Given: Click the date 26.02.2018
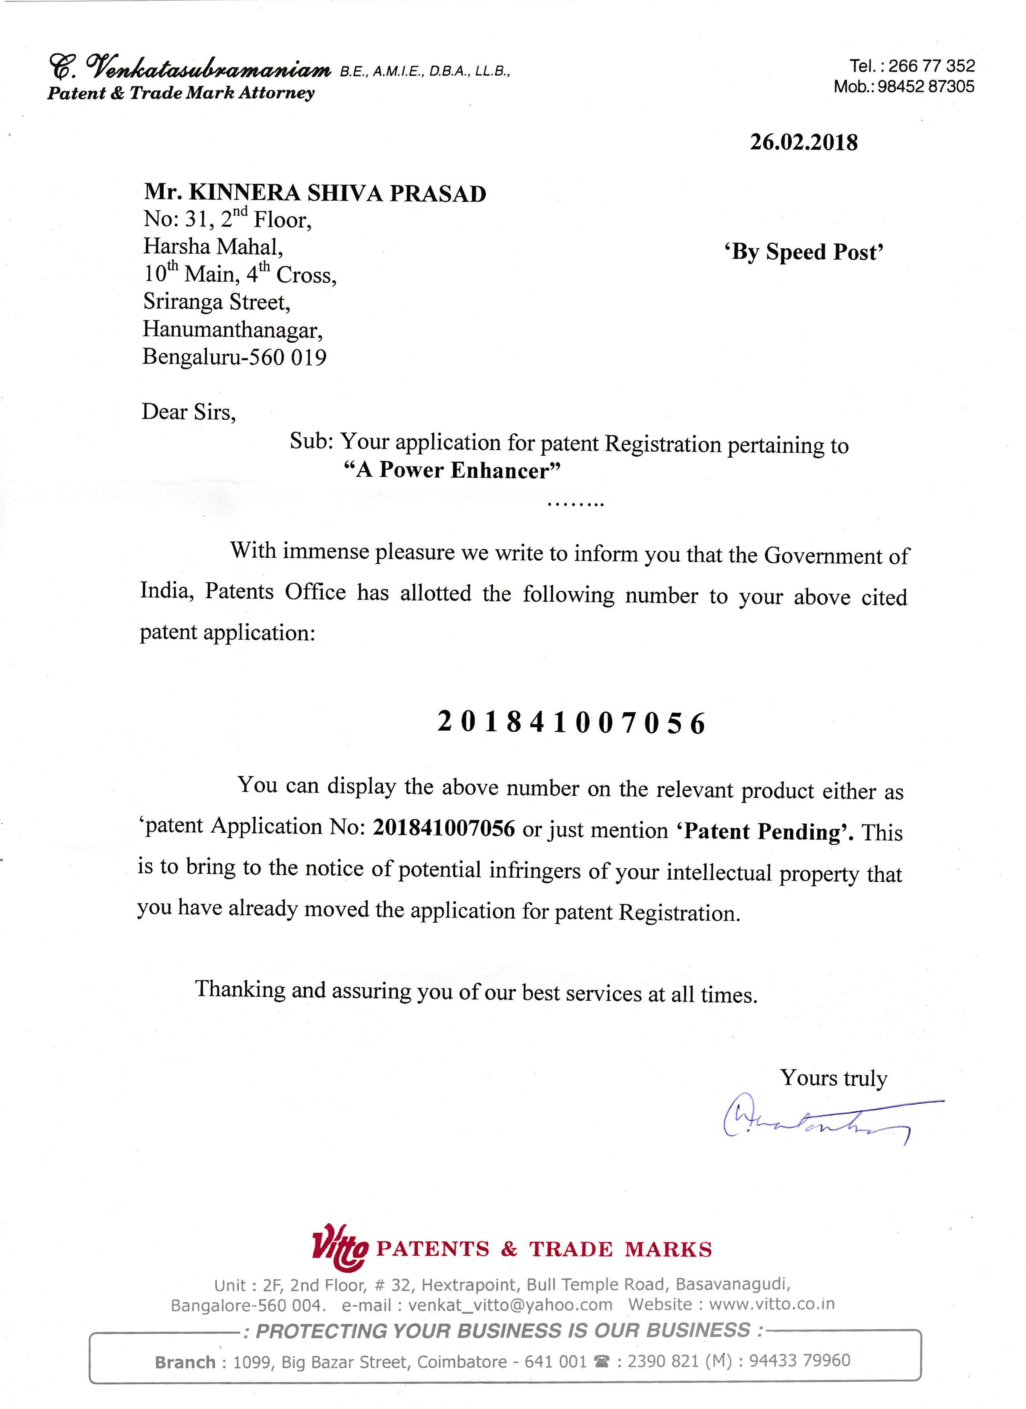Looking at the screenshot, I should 804,142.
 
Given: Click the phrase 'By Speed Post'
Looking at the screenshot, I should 804,252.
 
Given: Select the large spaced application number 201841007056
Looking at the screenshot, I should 571,723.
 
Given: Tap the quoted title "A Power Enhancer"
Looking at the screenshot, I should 452,470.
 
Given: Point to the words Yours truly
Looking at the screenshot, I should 833,1078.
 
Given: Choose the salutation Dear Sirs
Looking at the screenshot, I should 189,412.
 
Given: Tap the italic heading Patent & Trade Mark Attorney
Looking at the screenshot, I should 181,93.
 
